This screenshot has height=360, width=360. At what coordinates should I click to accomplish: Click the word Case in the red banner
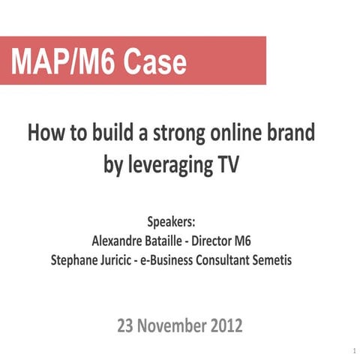(x=155, y=61)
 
